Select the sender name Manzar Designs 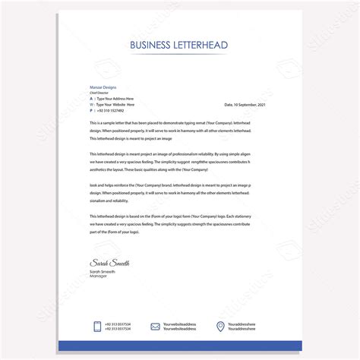[x=104, y=88]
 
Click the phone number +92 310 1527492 [x=112, y=111]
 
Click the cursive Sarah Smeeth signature [x=109, y=263]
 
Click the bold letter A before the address [x=91, y=99]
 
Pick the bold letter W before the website [x=92, y=105]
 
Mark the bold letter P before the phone [x=91, y=111]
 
